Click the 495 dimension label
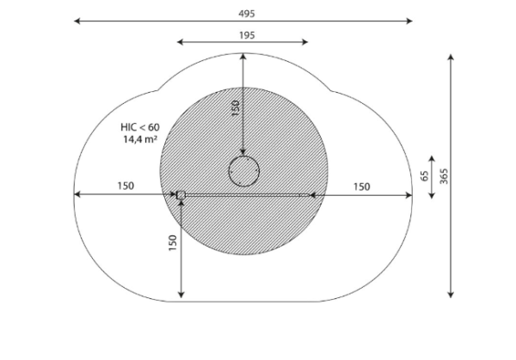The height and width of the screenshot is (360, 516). (247, 14)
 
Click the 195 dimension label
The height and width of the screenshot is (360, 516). (247, 35)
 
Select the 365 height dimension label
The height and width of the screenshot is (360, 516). (444, 176)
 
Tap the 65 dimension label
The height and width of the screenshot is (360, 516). (425, 176)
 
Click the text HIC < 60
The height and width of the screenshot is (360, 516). (140, 127)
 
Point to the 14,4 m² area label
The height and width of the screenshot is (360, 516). (140, 139)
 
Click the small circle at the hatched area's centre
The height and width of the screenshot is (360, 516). (244, 171)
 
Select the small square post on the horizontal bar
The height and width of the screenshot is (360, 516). (181, 195)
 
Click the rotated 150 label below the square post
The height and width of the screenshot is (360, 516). (173, 243)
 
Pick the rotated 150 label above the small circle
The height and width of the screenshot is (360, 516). (236, 108)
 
